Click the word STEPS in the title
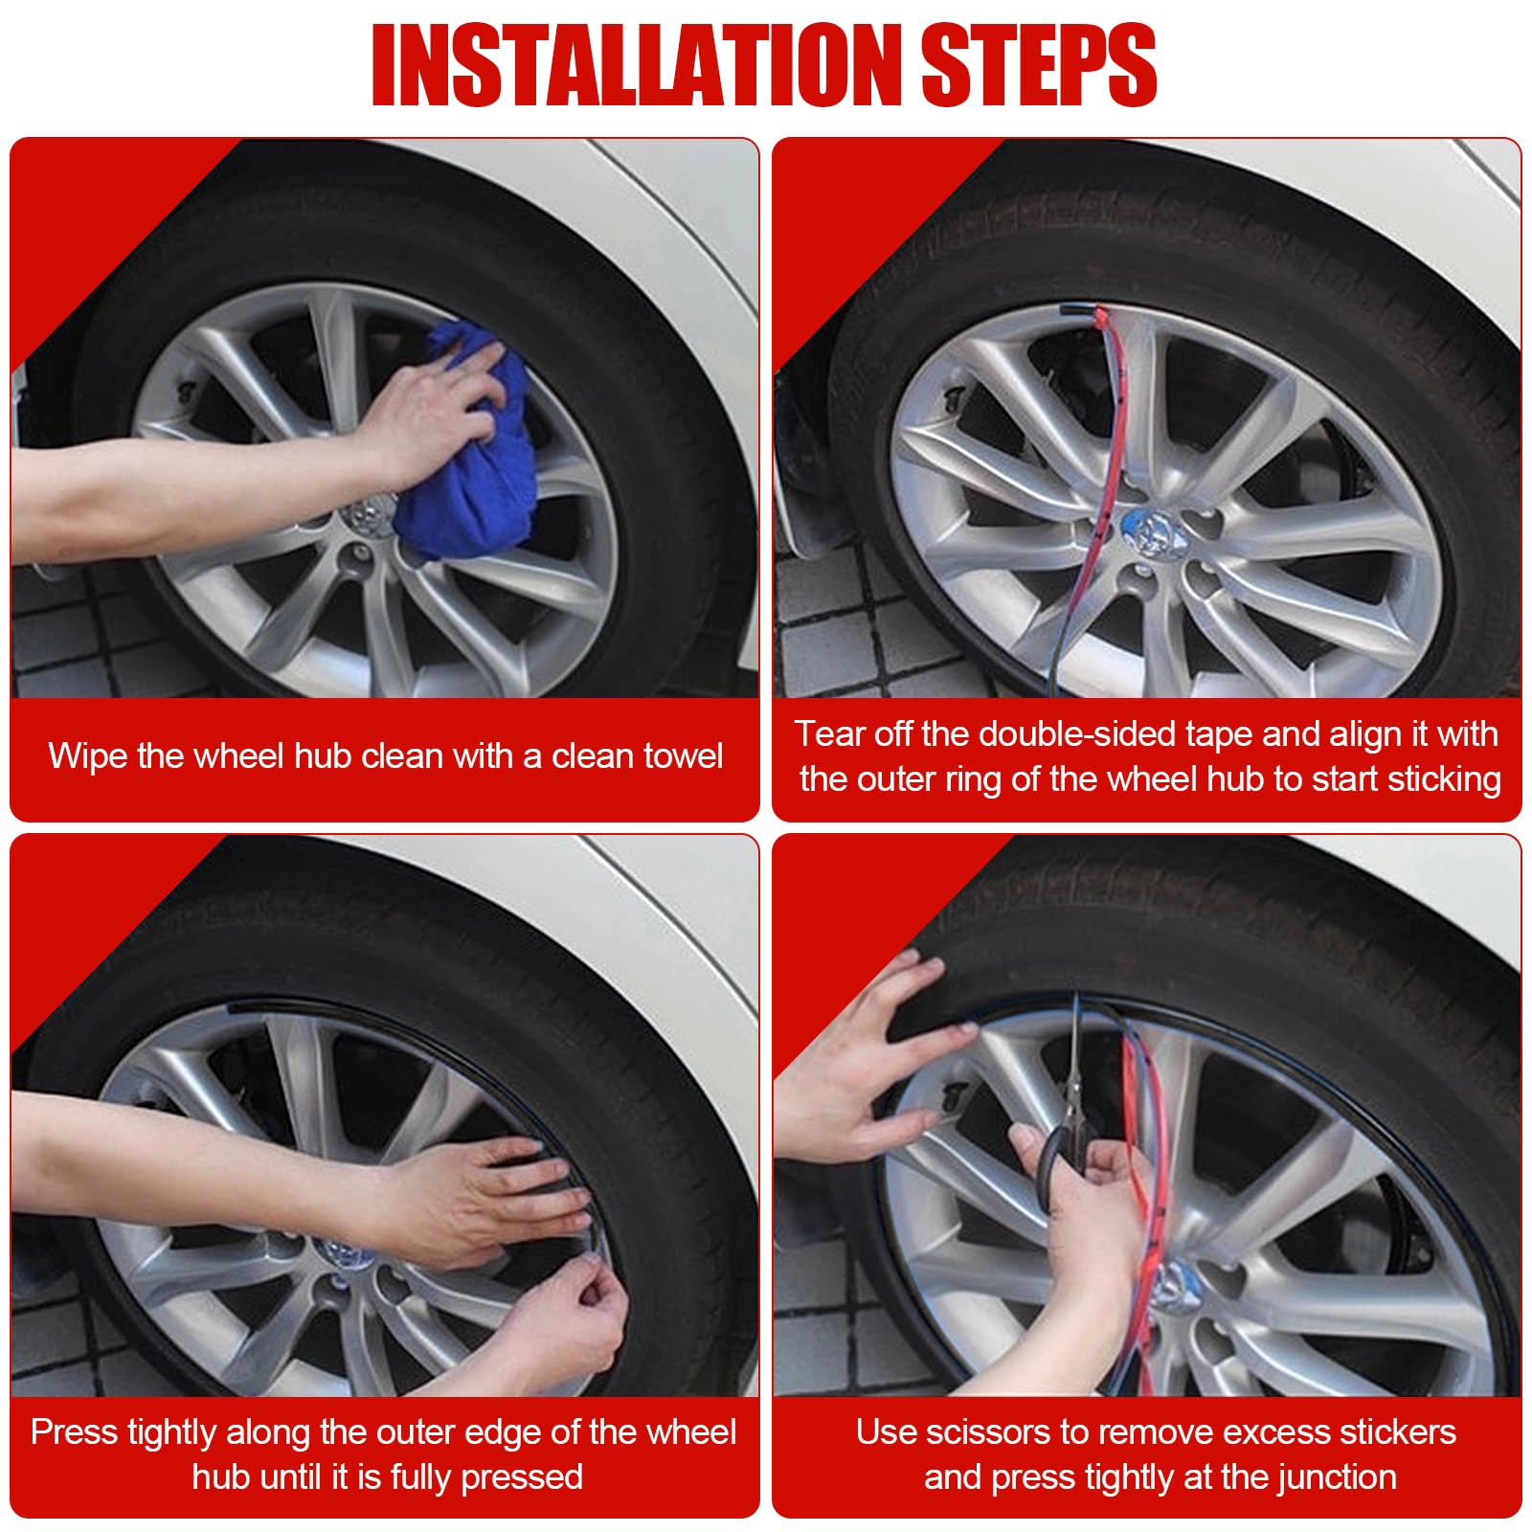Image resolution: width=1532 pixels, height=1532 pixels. (x=1038, y=65)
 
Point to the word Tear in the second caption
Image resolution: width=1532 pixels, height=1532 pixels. (x=829, y=734)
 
